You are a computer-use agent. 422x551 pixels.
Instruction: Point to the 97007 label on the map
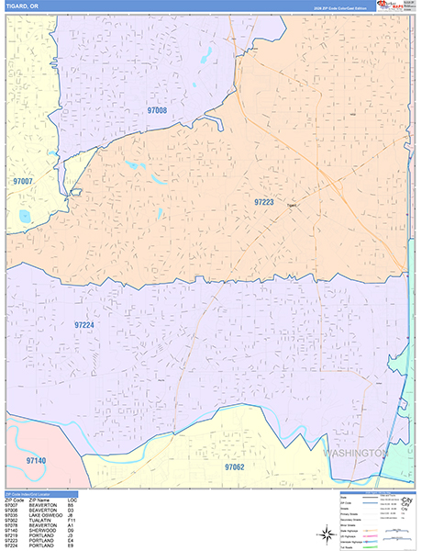pyautogui.click(x=23, y=182)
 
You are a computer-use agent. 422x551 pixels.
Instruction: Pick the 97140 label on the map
pyautogui.click(x=36, y=459)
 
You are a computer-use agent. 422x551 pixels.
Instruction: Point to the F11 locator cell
pyautogui.click(x=71, y=521)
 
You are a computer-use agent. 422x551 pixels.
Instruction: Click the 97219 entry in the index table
pyautogui.click(x=12, y=534)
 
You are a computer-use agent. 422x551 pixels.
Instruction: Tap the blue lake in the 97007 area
pyautogui.click(x=23, y=218)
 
